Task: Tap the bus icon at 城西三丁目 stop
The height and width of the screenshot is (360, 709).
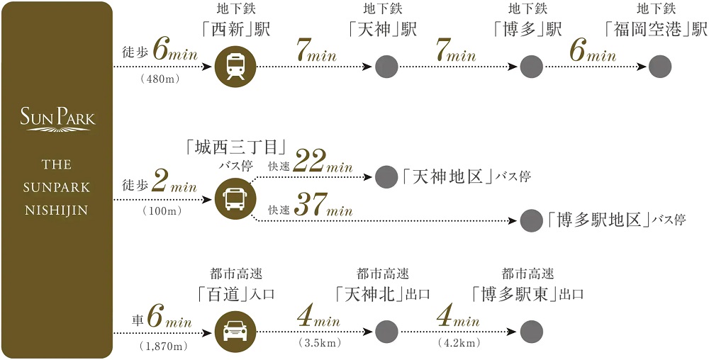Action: (235, 199)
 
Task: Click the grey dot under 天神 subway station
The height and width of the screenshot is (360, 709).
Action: (386, 67)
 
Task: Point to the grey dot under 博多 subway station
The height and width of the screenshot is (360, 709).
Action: (531, 67)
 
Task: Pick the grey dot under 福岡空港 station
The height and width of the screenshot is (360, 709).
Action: (659, 67)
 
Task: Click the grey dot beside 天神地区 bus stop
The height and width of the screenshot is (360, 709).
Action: (386, 176)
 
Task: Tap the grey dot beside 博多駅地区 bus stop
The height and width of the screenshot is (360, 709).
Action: (531, 220)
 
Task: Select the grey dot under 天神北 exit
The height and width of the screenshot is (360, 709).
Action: (386, 331)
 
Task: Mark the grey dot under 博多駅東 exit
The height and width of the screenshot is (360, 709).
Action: (531, 331)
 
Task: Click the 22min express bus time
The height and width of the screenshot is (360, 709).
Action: (323, 162)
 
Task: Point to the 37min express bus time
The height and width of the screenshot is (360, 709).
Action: (323, 207)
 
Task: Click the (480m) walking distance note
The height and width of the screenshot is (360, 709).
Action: (160, 79)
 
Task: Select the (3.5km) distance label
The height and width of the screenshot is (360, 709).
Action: (318, 344)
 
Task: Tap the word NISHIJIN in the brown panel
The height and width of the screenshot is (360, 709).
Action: (57, 210)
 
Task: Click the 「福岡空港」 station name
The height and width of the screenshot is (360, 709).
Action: (657, 30)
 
